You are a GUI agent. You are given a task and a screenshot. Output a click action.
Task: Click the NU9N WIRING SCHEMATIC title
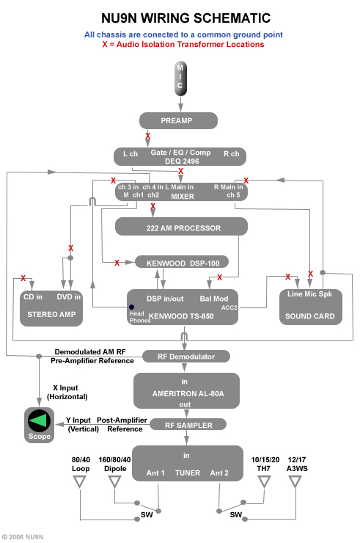point(180,18)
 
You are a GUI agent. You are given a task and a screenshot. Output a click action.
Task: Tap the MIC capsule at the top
point(180,77)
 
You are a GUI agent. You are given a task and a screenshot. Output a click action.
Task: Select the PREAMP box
point(179,120)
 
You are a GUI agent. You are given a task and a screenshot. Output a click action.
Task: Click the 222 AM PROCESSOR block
point(180,228)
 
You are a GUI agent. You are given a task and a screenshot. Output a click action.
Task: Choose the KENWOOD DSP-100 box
point(182,262)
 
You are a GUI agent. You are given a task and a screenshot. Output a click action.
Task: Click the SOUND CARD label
point(309,316)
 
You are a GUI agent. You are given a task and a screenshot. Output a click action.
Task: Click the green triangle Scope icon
point(40,421)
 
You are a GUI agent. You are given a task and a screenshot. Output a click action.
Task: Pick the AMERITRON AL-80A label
point(186,393)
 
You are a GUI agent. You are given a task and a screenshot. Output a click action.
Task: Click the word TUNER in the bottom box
point(187,473)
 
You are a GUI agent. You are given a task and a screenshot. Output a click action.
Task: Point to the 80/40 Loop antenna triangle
point(81,482)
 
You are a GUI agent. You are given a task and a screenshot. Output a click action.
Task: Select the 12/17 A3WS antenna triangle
point(295,482)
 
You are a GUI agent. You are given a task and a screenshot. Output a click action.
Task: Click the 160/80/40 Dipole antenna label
point(114,464)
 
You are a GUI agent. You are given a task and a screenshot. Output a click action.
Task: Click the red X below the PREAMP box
point(147,136)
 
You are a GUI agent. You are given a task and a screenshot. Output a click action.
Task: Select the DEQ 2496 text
point(180,161)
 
